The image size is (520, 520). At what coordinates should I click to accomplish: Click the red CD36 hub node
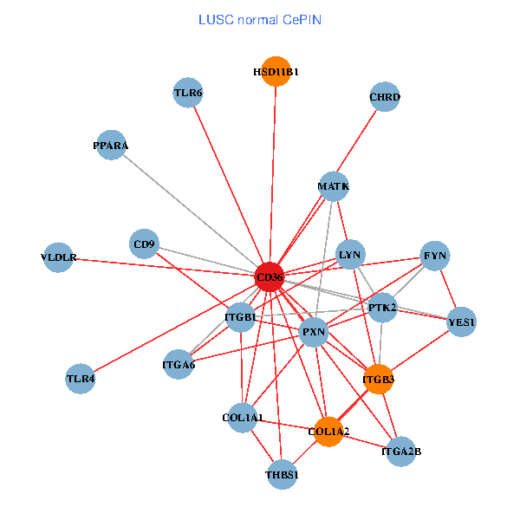(x=270, y=277)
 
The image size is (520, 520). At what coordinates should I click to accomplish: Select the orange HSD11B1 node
(x=276, y=72)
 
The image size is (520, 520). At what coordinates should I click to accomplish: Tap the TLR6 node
(x=188, y=93)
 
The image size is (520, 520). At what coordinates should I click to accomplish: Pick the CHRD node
(x=384, y=97)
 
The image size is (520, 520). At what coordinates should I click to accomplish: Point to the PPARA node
(x=111, y=146)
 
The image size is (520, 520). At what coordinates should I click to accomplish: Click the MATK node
(x=333, y=185)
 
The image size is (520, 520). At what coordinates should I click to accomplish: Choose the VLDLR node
(x=59, y=257)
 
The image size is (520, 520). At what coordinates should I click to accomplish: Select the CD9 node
(x=145, y=244)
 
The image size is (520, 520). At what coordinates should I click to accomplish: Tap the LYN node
(x=351, y=254)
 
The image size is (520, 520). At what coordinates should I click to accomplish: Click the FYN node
(x=434, y=256)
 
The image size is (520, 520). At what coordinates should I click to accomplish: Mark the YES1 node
(x=461, y=322)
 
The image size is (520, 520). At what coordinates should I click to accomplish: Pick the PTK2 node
(x=382, y=307)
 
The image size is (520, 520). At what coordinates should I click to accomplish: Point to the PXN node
(x=313, y=332)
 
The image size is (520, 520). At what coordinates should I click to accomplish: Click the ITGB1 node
(x=240, y=317)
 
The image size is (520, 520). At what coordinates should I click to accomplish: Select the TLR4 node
(x=80, y=378)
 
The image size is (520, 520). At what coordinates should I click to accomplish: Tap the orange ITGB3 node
(x=378, y=379)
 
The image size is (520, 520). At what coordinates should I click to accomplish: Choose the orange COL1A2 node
(x=328, y=431)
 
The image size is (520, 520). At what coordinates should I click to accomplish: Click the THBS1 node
(x=282, y=474)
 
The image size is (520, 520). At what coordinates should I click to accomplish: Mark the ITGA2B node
(x=400, y=451)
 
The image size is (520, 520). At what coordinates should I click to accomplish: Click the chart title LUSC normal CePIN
(x=260, y=19)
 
